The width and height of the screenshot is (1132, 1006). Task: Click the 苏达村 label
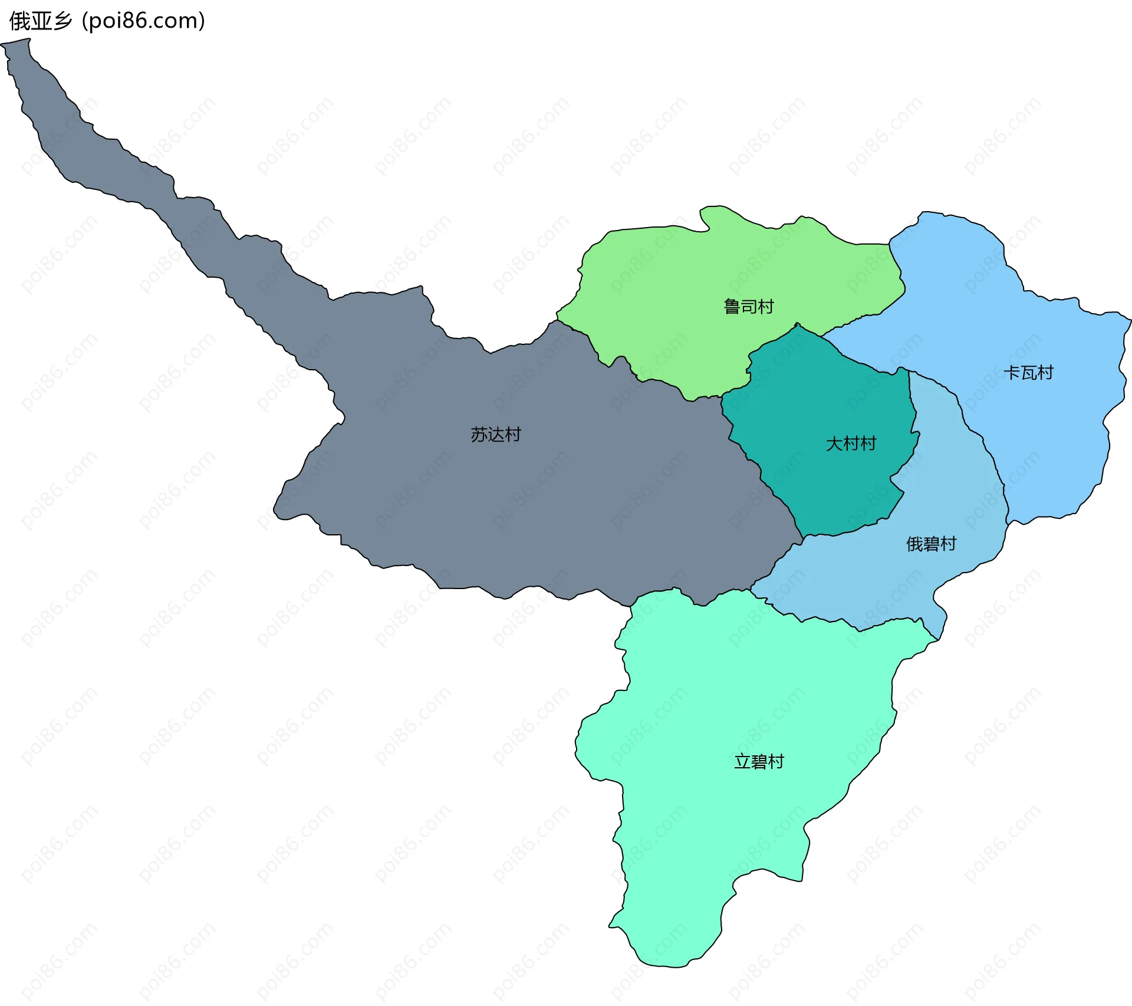(x=496, y=435)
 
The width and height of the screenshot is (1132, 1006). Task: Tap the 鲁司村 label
(x=748, y=307)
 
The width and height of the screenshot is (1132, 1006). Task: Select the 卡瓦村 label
(x=1028, y=373)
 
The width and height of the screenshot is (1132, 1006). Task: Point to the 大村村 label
(x=851, y=444)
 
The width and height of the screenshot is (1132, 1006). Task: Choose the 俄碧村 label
(x=931, y=544)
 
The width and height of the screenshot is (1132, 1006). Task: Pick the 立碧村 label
(x=759, y=762)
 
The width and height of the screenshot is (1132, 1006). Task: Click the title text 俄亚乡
(x=41, y=21)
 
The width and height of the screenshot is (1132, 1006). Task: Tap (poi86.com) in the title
(x=144, y=21)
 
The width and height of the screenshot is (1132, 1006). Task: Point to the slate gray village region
(x=531, y=501)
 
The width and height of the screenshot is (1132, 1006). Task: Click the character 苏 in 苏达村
(x=479, y=435)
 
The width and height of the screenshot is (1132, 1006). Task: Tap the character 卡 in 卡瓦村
(x=1012, y=373)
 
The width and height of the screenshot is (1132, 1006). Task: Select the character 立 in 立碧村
(x=742, y=762)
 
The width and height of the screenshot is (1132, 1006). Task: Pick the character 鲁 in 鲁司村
(x=732, y=307)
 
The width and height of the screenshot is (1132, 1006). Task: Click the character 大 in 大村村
(x=834, y=444)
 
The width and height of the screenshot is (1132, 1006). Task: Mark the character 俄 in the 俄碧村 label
(x=914, y=544)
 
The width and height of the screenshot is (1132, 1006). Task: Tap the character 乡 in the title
(x=62, y=21)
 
